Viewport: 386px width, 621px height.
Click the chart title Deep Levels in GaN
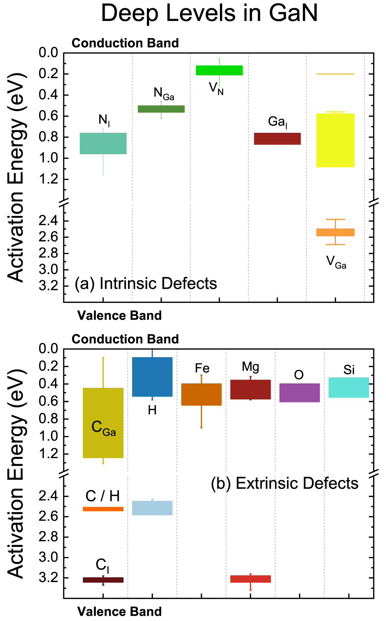(x=209, y=13)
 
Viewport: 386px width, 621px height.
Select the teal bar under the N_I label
(x=103, y=143)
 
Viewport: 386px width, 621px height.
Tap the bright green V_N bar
(x=219, y=70)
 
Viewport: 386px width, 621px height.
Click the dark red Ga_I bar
(x=277, y=139)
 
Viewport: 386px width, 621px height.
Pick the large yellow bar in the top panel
(x=335, y=140)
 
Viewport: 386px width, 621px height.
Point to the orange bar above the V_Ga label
(x=335, y=232)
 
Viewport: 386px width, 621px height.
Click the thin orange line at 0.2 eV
(x=335, y=74)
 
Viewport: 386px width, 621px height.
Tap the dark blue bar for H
(x=152, y=377)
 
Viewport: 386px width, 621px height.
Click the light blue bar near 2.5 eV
(x=152, y=508)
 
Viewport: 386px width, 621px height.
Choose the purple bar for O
(x=299, y=393)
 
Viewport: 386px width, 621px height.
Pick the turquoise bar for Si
(x=349, y=387)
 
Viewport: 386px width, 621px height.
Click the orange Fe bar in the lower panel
(x=201, y=394)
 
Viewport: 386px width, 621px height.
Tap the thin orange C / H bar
(x=103, y=509)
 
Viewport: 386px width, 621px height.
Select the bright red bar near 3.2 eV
(x=250, y=579)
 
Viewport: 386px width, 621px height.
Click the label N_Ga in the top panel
(x=164, y=93)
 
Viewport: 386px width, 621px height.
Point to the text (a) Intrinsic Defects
(x=146, y=283)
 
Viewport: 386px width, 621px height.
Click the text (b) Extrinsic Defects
(x=284, y=483)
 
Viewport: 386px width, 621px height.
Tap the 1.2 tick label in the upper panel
(x=49, y=179)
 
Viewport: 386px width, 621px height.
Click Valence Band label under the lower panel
(x=119, y=611)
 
